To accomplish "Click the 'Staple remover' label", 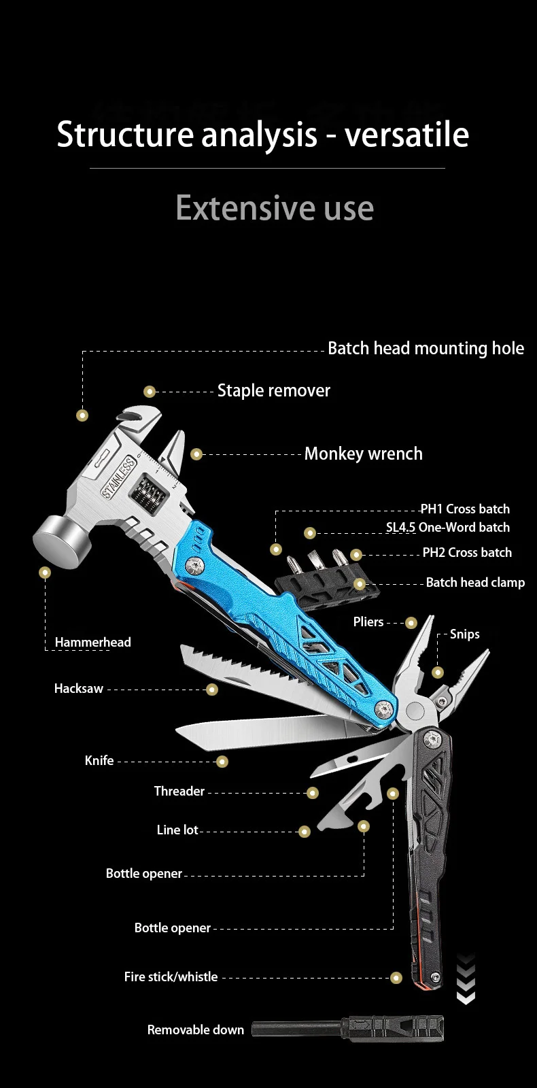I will coord(273,391).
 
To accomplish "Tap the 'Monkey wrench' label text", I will coord(363,454).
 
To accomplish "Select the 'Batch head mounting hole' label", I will coord(426,349).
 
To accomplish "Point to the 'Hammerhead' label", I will coord(92,643).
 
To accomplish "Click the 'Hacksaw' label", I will coord(79,689).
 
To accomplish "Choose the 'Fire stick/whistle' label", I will coord(171,977).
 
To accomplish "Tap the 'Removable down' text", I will coord(195,1030).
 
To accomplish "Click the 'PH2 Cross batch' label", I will coord(467,553).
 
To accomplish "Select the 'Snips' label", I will coord(465,634).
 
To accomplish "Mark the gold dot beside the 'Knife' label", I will coord(222,762).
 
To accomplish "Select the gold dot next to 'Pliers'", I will coord(411,623).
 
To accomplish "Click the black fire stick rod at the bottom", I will coord(299,1029).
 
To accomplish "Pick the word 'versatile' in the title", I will coord(406,135).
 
